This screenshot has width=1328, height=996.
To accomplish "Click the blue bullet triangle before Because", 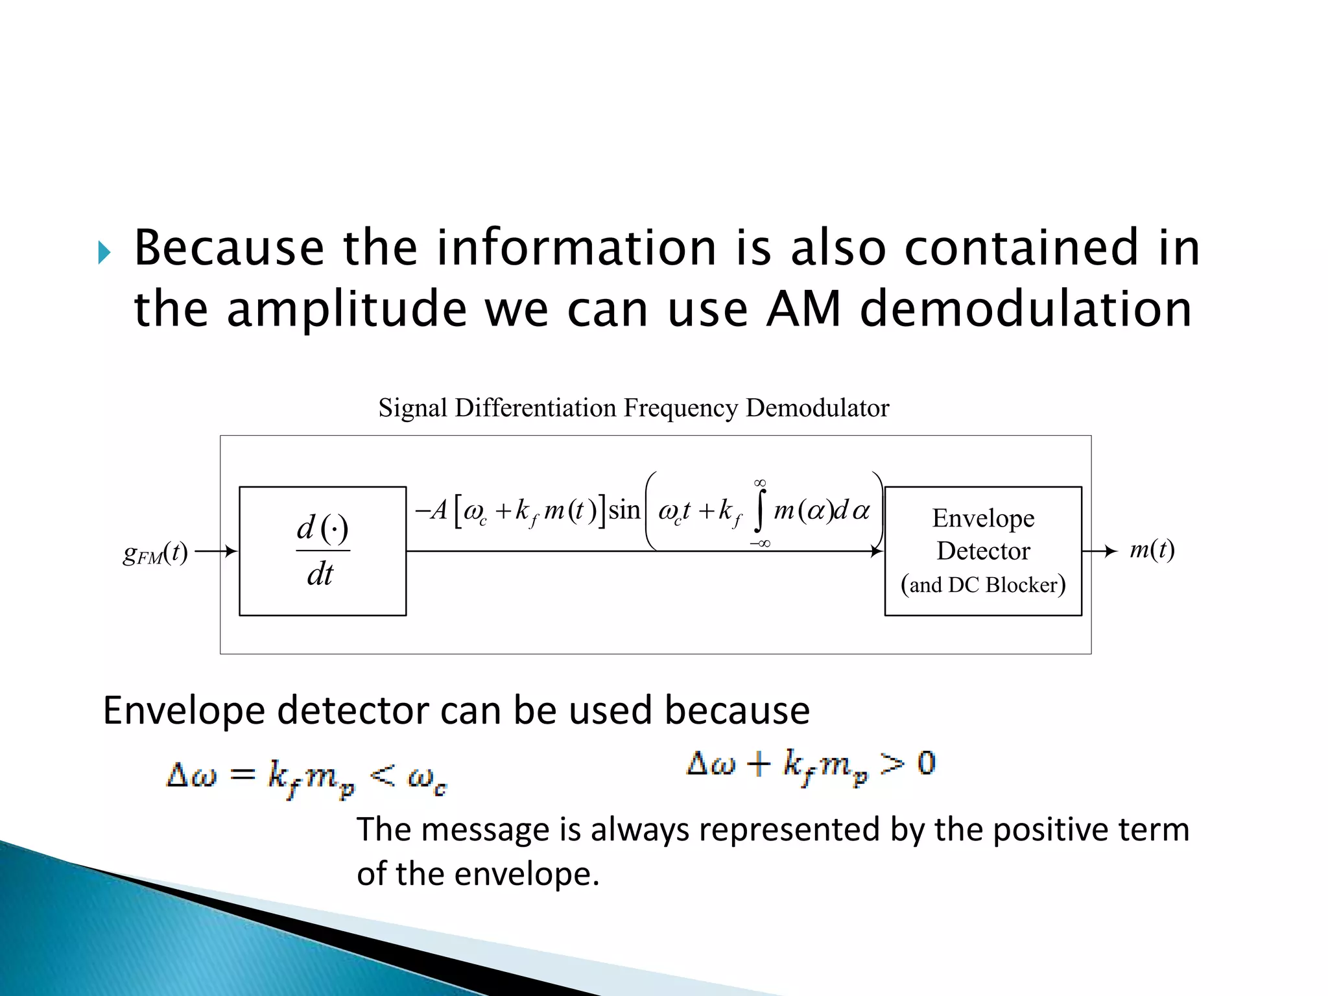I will (104, 252).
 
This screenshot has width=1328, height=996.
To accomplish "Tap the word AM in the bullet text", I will (803, 309).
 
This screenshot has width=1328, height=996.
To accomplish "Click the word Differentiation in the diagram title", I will (536, 408).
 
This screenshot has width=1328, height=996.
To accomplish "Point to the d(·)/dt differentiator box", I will (322, 551).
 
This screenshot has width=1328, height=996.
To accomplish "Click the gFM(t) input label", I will (155, 553).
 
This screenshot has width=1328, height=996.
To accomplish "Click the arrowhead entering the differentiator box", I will (231, 551).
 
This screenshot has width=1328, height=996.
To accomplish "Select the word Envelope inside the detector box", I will (983, 518).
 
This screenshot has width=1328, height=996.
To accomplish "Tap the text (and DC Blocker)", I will (983, 585).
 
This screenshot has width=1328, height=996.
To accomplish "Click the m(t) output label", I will (1152, 550).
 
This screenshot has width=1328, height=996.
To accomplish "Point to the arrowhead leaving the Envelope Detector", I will (1111, 551).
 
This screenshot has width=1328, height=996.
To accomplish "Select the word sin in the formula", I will (624, 510).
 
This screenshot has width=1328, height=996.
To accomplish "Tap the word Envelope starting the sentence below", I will (184, 711).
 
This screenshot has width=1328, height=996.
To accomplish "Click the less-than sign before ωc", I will (383, 774).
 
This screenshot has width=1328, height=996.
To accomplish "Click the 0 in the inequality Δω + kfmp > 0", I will (927, 763).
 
